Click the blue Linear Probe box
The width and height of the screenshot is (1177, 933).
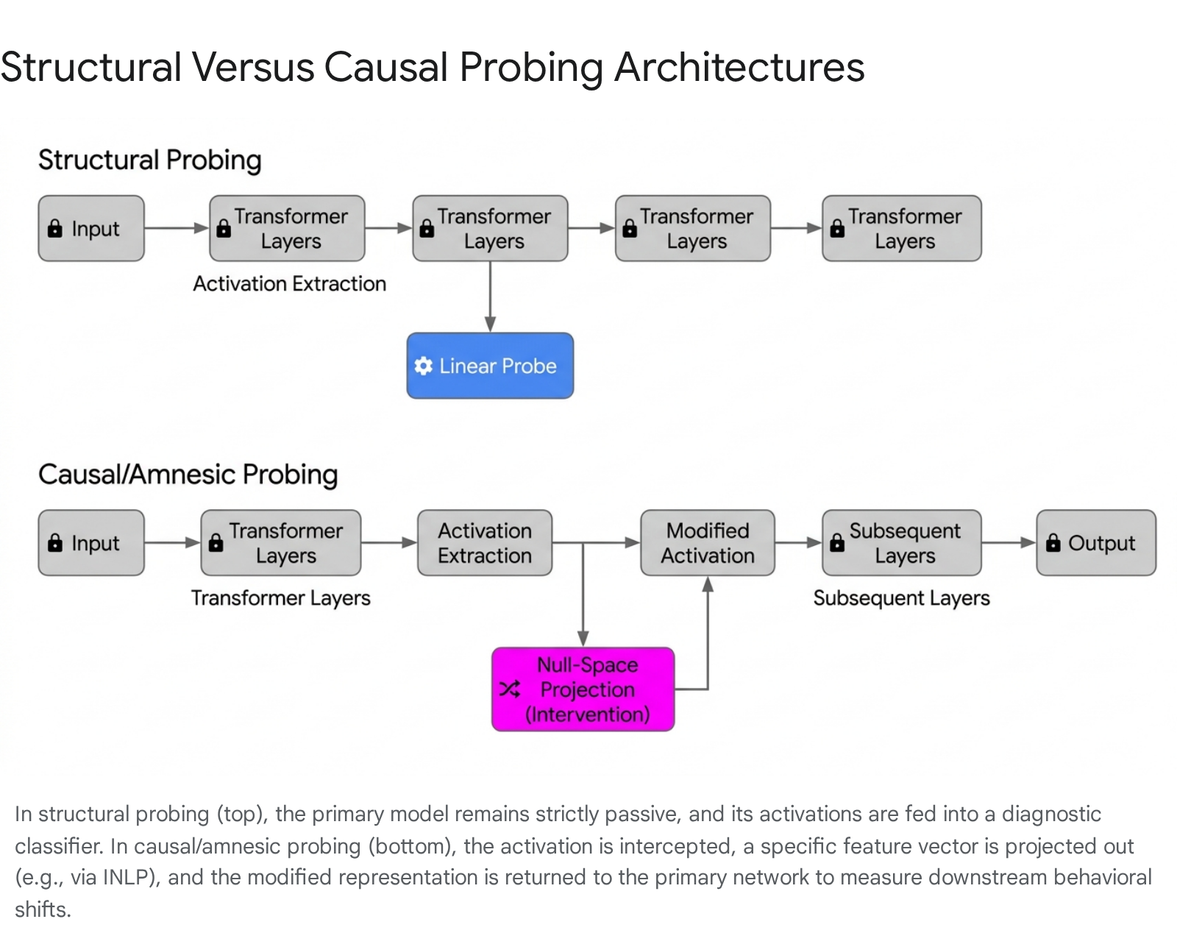point(490,366)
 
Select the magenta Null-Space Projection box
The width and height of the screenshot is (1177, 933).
point(583,689)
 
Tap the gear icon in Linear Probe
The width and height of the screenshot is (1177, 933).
point(423,366)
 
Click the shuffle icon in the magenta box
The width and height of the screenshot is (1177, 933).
point(510,689)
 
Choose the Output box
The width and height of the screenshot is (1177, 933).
point(1096,543)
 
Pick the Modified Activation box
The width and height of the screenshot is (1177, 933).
point(708,543)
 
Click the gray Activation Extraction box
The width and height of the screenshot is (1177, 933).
point(485,543)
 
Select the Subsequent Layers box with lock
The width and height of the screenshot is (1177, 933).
point(902,543)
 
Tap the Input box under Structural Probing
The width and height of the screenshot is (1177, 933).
point(91,228)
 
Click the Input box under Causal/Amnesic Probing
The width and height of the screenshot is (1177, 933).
point(91,543)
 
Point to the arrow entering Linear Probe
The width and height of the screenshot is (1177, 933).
point(490,297)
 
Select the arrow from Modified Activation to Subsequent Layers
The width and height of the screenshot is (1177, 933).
point(799,543)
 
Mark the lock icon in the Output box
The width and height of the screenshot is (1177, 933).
point(1053,543)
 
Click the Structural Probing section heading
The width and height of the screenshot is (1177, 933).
point(150,160)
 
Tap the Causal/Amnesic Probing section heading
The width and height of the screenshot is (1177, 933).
point(188,475)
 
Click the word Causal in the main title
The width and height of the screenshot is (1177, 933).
point(386,67)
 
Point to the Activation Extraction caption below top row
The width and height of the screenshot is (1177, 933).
point(289,284)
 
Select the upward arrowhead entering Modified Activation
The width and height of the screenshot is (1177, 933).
point(708,583)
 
